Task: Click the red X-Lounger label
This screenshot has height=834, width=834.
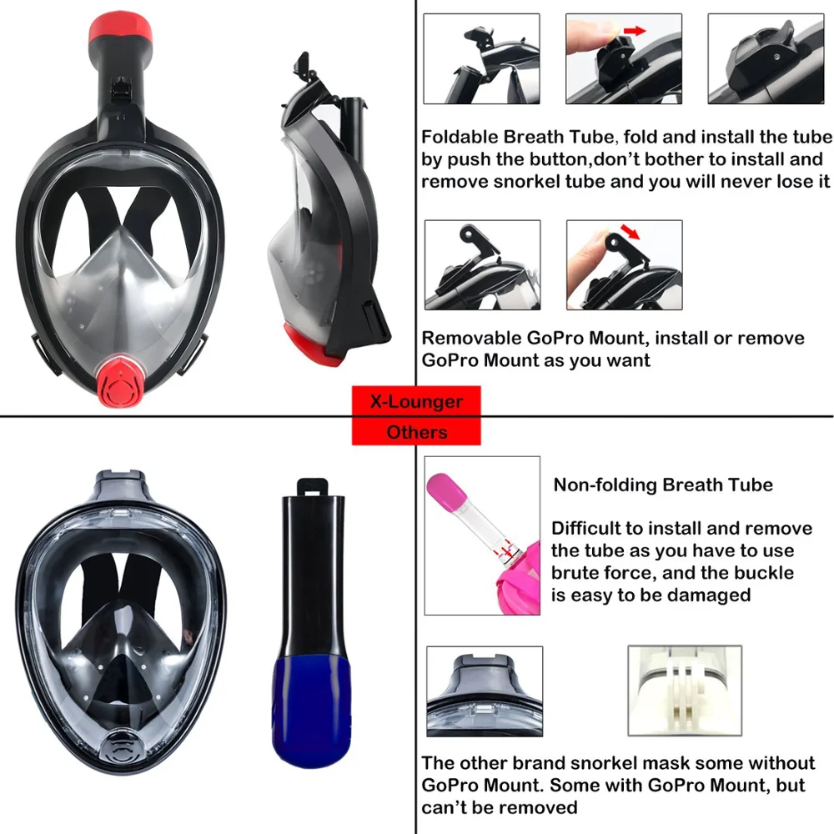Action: [x=416, y=401]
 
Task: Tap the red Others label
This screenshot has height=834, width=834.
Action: [x=416, y=431]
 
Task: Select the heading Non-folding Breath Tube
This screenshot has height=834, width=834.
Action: [x=663, y=485]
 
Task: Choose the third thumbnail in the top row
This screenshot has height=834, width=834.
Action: [x=765, y=58]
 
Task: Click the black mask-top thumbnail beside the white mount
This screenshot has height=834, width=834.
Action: [x=484, y=692]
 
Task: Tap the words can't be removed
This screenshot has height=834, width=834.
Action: [x=500, y=806]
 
